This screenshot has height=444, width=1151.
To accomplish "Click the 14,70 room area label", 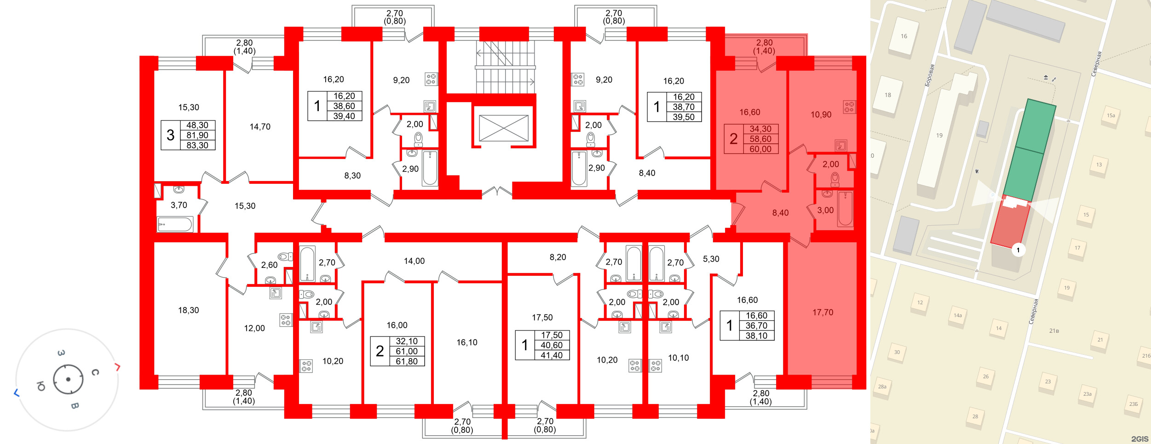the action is [x=260, y=127].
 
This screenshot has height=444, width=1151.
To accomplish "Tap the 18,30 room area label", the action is [x=189, y=310].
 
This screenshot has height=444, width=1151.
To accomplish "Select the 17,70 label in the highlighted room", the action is [x=823, y=313].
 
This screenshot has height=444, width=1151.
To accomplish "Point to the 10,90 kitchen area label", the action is [x=821, y=114].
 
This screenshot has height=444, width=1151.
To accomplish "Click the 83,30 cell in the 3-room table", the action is [x=197, y=145].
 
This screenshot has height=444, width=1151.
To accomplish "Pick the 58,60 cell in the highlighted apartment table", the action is [x=760, y=139].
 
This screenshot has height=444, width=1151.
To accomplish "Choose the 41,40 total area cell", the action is [x=552, y=355].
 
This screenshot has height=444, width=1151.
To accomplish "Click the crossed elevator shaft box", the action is [x=504, y=128].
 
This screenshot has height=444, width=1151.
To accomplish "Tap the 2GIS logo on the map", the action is [x=1139, y=439].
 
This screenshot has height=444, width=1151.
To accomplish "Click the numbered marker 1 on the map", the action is [x=1018, y=250].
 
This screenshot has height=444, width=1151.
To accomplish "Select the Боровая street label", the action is [x=930, y=75].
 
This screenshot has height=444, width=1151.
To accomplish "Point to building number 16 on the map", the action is [x=904, y=36].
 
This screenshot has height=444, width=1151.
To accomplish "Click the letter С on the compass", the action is [x=95, y=372].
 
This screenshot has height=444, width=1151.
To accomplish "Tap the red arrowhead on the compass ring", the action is [x=118, y=367].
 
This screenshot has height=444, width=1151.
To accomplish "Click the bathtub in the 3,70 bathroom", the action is [x=175, y=224].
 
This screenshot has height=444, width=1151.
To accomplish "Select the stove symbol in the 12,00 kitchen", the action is [x=286, y=320].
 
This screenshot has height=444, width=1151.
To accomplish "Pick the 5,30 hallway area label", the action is [x=711, y=259].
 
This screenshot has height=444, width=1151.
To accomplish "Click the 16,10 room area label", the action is [x=467, y=342].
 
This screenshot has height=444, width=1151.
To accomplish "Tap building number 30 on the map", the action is [x=897, y=352].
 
